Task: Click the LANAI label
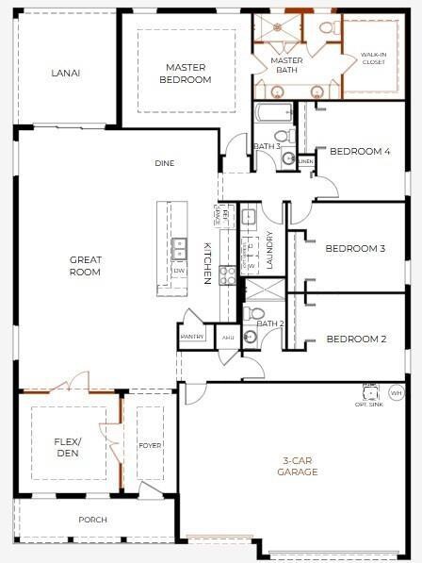(x=66, y=73)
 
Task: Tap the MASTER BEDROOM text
(x=186, y=74)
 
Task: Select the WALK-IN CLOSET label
(x=372, y=58)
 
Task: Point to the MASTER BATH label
(x=286, y=65)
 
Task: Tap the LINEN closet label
(x=305, y=162)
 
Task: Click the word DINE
(x=165, y=163)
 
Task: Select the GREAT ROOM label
(x=85, y=266)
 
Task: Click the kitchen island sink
(x=179, y=248)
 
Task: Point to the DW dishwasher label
(x=179, y=271)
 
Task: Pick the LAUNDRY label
(x=269, y=251)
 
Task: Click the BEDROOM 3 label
(x=356, y=249)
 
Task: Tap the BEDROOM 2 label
(x=356, y=339)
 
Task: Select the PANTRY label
(x=192, y=336)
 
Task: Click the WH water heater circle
(x=396, y=391)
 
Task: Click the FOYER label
(x=151, y=446)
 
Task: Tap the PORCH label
(x=92, y=520)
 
